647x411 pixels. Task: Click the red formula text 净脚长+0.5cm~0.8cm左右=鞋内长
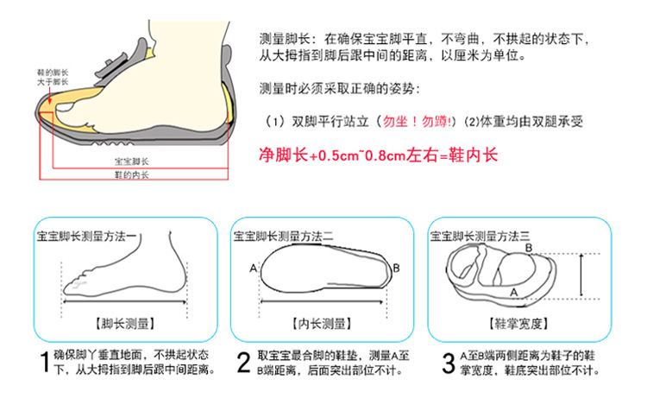(x=379, y=155)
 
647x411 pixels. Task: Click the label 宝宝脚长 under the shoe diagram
(x=132, y=161)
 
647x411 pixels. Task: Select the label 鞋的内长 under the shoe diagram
(x=132, y=174)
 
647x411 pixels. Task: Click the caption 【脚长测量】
(x=125, y=324)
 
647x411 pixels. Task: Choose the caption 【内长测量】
(x=322, y=324)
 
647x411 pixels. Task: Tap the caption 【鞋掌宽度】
(x=518, y=324)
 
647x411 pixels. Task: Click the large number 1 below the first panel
(x=45, y=363)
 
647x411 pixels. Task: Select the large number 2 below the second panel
(x=243, y=363)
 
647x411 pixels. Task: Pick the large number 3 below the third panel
(x=448, y=363)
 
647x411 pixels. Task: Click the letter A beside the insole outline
(x=254, y=269)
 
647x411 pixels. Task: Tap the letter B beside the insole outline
(x=396, y=269)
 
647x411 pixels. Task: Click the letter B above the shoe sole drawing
(x=529, y=248)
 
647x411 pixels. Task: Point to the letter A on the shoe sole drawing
(x=514, y=293)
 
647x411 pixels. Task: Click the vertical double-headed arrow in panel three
(x=581, y=275)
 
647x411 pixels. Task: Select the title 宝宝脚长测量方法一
(x=86, y=237)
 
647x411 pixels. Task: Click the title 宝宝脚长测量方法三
(x=480, y=237)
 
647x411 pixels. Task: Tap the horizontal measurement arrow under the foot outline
(x=125, y=302)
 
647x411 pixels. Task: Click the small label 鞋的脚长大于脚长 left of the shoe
(x=53, y=78)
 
